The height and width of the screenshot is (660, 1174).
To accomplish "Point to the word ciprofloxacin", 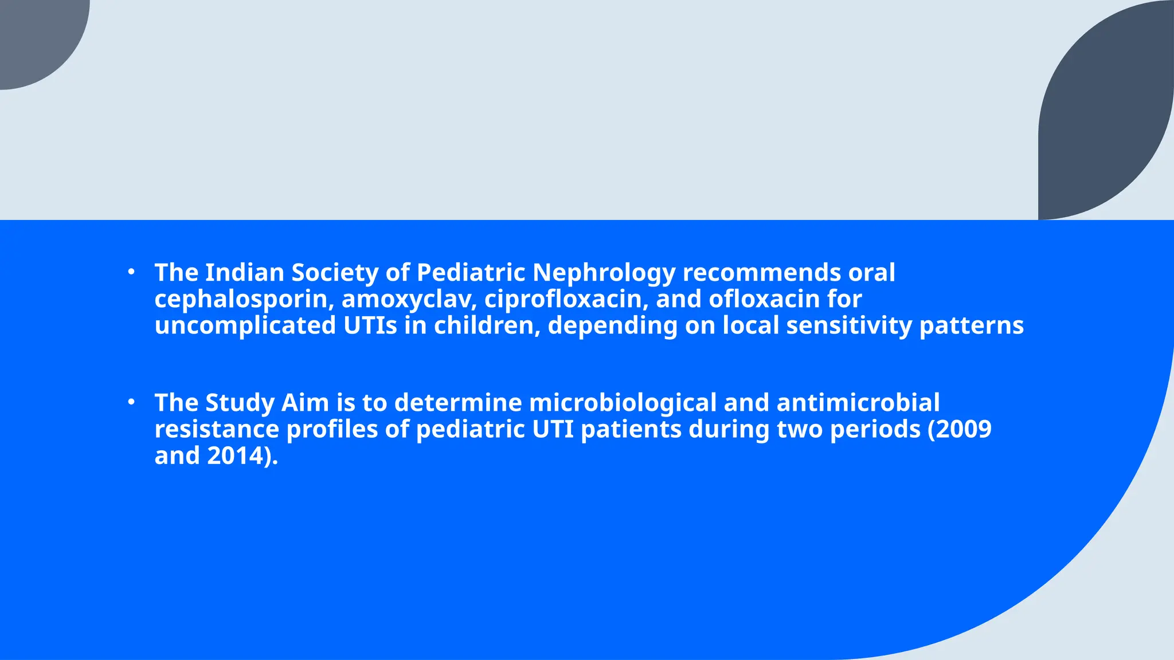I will pos(563,300).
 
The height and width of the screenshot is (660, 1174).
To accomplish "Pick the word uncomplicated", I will pos(245,326).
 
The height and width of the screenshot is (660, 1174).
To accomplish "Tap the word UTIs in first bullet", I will pos(370,326).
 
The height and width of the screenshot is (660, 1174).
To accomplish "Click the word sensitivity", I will pos(848,326).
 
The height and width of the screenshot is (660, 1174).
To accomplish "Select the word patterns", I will pos(971,326).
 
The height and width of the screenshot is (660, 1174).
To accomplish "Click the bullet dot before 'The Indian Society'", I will pos(131,272).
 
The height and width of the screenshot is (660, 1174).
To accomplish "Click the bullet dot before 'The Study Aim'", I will pos(131,402).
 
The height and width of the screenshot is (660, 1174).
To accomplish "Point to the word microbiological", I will pos(623,403).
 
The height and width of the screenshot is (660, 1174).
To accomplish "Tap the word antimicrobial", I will pos(858,403).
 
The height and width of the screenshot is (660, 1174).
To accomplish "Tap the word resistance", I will pos(217,430).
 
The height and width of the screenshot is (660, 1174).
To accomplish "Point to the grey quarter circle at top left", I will pos(34,34).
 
